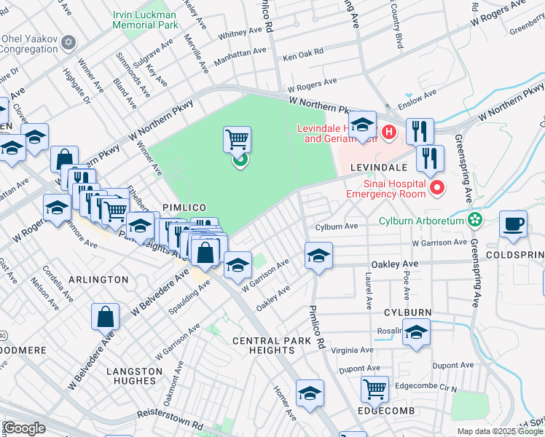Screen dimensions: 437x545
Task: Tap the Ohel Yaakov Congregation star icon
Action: (x=68, y=42)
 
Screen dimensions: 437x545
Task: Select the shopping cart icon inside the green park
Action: (x=237, y=139)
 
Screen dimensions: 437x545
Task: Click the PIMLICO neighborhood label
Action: (x=181, y=208)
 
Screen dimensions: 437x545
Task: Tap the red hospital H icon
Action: (x=389, y=132)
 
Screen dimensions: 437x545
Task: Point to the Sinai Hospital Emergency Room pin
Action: (x=437, y=189)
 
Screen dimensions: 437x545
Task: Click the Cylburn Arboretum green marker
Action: (x=475, y=218)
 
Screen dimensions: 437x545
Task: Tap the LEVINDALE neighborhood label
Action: (x=377, y=168)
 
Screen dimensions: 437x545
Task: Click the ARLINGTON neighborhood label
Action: (x=98, y=280)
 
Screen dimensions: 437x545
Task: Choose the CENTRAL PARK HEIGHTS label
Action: (x=263, y=345)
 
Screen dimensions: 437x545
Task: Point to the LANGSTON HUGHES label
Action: (x=134, y=377)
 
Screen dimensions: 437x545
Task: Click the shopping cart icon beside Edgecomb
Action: (x=375, y=389)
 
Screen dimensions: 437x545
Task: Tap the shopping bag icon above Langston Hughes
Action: (x=105, y=316)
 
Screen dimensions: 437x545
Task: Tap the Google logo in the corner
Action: (x=24, y=428)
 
